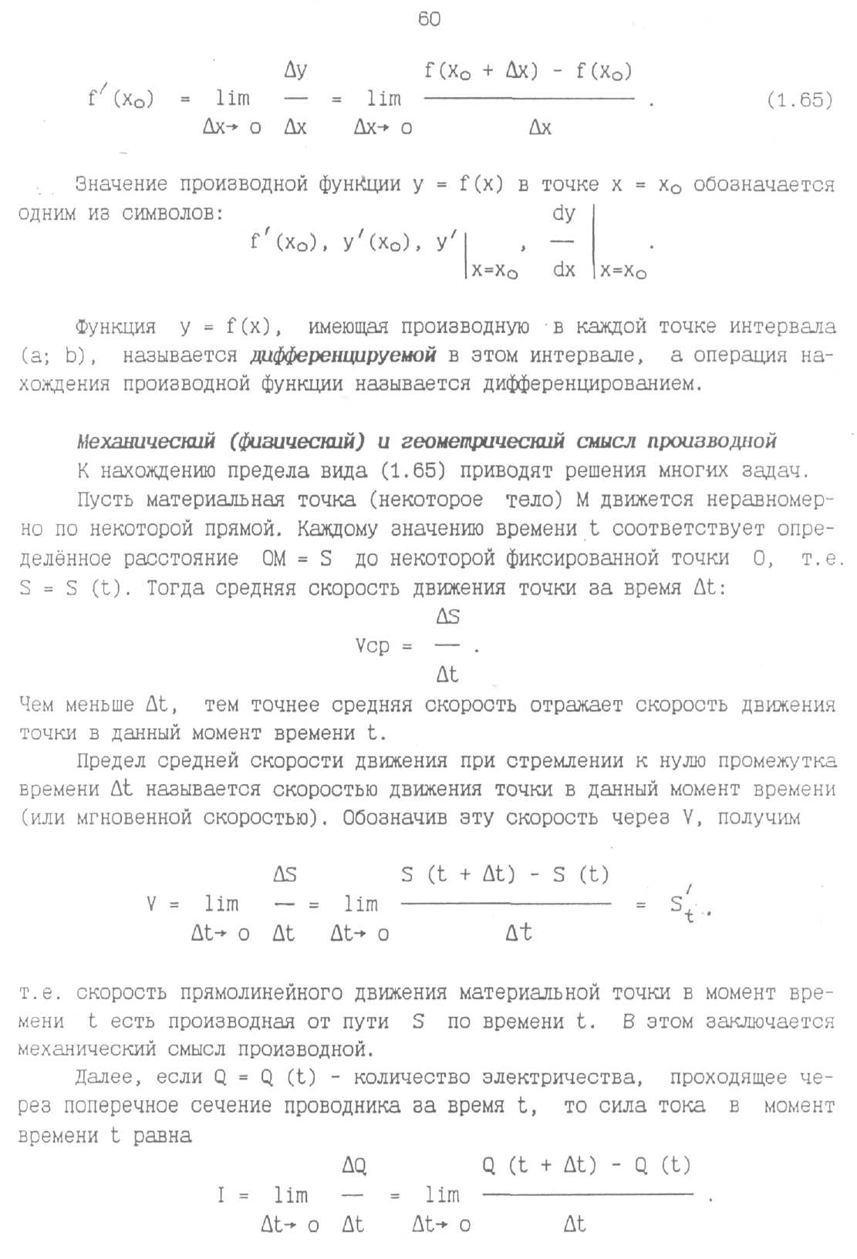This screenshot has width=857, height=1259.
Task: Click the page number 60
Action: click(429, 19)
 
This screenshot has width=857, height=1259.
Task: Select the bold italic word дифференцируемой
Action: click(343, 355)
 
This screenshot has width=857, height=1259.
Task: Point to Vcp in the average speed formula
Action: click(373, 646)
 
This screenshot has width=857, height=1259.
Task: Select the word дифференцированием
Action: click(592, 384)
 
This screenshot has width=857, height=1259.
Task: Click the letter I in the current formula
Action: click(222, 1196)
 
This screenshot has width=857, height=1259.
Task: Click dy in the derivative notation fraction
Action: click(564, 214)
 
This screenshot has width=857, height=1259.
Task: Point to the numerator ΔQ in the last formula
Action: click(354, 1166)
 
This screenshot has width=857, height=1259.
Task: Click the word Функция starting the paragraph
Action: click(116, 327)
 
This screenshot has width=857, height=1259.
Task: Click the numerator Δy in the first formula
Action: click(295, 71)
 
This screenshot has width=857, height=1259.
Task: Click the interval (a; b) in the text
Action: click(51, 355)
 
